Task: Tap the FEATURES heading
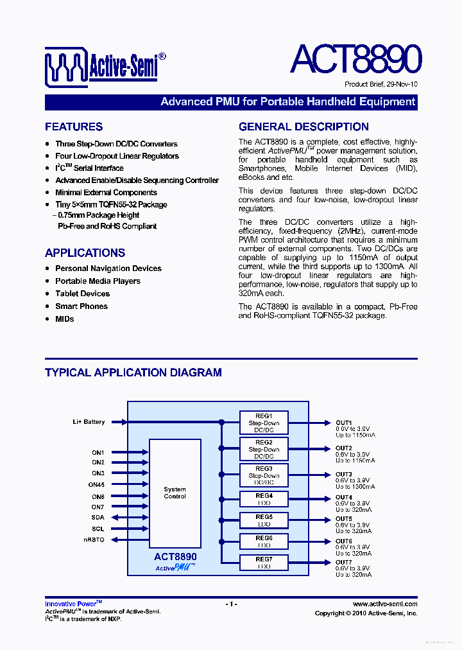(x=74, y=127)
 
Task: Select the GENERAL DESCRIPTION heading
(x=304, y=127)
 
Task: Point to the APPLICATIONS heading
(x=85, y=253)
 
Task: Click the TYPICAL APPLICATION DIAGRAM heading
(x=133, y=373)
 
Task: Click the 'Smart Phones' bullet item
(x=81, y=306)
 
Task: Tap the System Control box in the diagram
(x=175, y=493)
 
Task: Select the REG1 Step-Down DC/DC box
(x=264, y=423)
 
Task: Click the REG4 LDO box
(x=264, y=500)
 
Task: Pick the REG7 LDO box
(x=264, y=563)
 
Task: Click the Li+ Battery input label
(x=89, y=422)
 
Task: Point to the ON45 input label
(x=98, y=485)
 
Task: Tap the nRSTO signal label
(x=94, y=540)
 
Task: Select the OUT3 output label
(x=343, y=475)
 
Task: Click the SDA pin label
(x=98, y=517)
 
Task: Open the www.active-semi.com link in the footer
(x=385, y=604)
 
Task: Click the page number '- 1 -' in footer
(x=231, y=604)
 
